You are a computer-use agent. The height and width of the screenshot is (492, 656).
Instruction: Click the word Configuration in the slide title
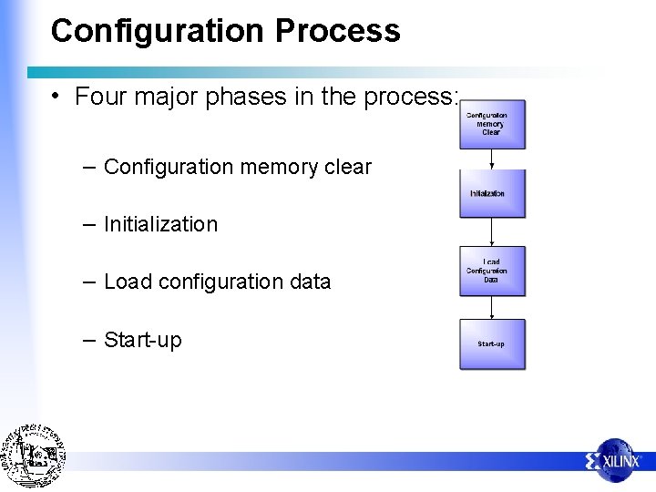pos(159,31)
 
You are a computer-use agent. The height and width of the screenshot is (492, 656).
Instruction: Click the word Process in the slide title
pos(338,31)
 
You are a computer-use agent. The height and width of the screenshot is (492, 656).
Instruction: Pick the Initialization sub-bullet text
pos(160,224)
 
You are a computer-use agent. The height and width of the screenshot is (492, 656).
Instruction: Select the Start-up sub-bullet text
pos(143,340)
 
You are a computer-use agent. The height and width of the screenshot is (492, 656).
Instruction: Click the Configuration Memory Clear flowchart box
pos(492,125)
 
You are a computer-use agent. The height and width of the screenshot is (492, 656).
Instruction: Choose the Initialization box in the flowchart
pos(492,193)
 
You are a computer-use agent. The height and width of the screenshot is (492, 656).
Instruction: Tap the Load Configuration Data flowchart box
pos(492,271)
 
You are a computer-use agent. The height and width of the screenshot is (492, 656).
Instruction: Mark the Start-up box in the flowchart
pos(492,344)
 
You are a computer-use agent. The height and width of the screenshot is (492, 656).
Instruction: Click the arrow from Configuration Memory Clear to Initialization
pos(492,159)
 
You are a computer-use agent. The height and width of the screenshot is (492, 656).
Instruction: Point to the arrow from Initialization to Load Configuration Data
pos(492,232)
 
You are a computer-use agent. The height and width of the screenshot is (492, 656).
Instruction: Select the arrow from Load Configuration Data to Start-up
pos(492,307)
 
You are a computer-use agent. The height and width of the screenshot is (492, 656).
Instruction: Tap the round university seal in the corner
pos(33,456)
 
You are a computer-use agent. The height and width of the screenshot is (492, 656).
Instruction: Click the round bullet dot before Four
pos(56,97)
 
